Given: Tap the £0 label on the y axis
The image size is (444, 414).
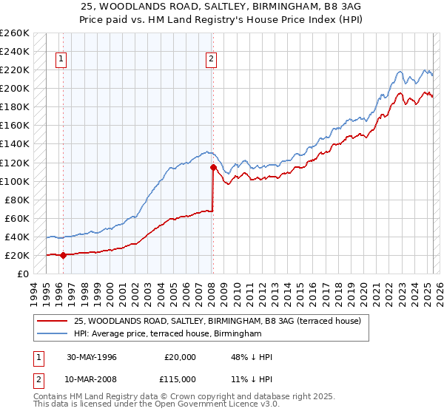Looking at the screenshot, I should point(23,274).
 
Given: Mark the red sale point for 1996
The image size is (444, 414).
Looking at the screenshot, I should point(63,255).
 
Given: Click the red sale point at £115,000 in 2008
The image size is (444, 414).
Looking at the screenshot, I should point(213,167).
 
